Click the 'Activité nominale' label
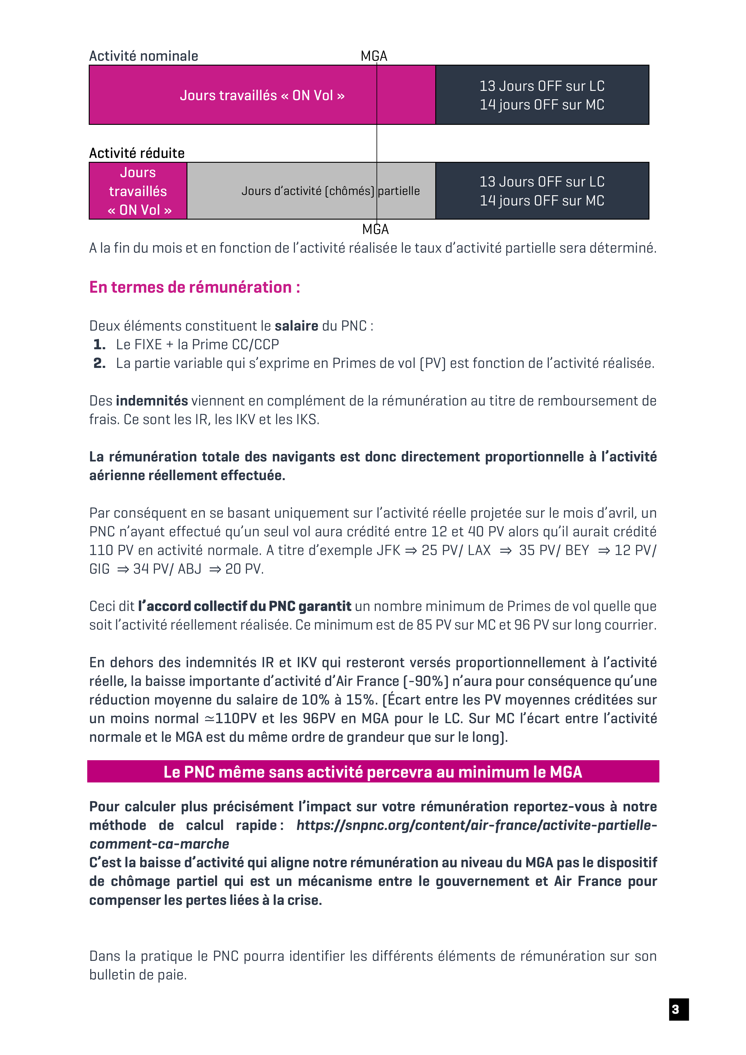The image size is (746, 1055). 143,56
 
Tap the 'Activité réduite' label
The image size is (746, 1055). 137,153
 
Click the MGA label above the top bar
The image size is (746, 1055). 374,56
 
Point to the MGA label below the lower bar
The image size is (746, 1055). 375,229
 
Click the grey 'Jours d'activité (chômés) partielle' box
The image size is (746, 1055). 311,191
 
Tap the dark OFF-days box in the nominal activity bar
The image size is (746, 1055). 542,95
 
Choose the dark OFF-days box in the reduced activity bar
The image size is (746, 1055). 542,191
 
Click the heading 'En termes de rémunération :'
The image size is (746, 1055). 195,287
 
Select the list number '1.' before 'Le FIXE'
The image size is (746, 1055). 99,345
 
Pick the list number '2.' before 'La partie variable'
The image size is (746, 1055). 99,363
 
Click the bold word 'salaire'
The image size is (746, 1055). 296,326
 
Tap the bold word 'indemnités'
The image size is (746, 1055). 152,401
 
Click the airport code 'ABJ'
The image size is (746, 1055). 190,569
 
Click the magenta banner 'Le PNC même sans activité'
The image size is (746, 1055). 373,772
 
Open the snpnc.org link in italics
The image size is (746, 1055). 476,826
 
